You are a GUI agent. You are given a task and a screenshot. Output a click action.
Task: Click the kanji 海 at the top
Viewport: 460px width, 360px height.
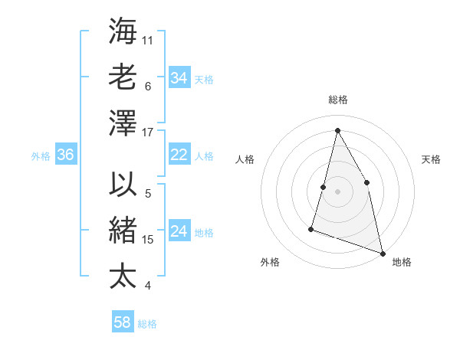point(123,31)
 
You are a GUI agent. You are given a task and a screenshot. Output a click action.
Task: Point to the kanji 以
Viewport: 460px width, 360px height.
point(123,185)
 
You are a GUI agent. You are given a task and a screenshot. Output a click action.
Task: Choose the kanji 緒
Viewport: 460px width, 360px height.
point(123,230)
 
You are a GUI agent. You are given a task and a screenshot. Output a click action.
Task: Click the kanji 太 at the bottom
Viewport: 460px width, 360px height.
point(123,274)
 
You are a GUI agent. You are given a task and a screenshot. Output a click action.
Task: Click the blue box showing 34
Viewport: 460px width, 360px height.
point(179,78)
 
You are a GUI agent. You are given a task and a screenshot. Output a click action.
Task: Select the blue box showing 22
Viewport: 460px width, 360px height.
point(179,155)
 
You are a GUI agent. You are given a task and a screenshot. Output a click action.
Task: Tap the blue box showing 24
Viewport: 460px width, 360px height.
point(179,232)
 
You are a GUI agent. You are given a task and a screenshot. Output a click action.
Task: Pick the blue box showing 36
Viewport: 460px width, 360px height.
point(65,155)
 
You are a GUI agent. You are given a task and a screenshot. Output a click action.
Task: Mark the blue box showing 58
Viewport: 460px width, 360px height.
point(122,322)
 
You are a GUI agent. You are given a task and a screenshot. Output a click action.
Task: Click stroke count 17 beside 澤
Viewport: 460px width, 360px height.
point(149,133)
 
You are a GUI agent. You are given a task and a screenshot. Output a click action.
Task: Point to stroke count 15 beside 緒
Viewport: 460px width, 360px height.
point(149,240)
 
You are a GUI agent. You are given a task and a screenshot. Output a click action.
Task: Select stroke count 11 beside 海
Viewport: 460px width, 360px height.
point(149,39)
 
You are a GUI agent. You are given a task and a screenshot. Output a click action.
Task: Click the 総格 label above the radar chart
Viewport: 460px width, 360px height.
point(337,100)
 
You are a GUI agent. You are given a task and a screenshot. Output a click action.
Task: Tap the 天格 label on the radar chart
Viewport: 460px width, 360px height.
point(431,159)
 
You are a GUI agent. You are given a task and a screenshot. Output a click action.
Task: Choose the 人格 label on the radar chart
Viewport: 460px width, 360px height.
point(245,159)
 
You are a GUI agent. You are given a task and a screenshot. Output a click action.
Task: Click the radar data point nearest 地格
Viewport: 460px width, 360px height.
point(382,253)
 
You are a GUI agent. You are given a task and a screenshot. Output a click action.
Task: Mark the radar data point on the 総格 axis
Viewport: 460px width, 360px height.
point(337,130)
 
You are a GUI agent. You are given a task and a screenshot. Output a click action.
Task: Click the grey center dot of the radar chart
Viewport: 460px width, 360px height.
point(337,191)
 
